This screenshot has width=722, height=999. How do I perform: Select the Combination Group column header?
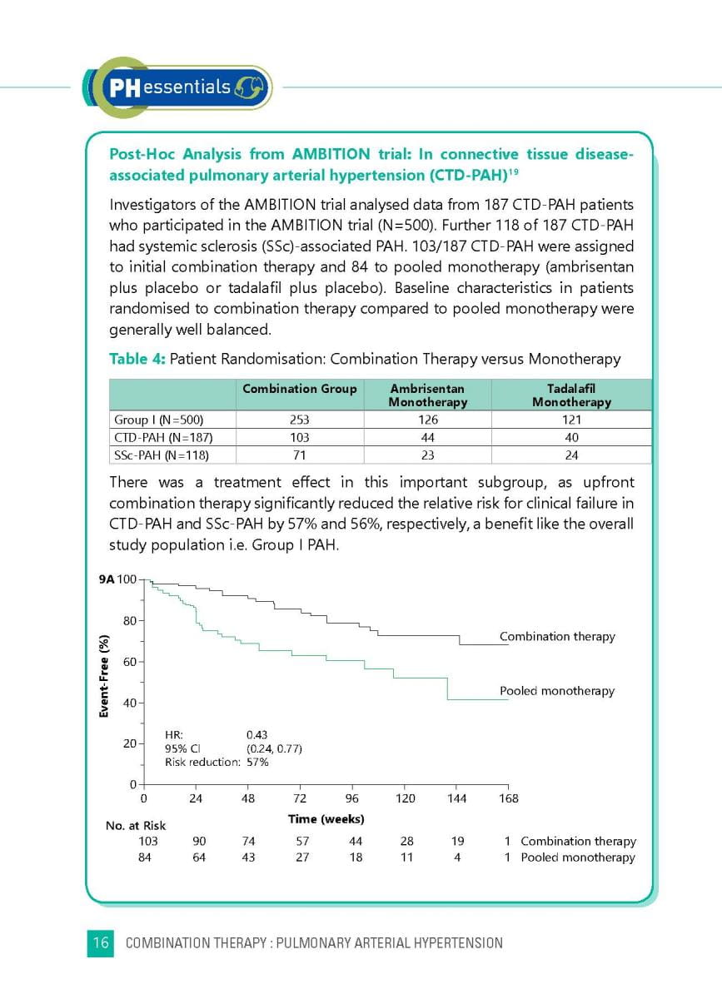(299, 389)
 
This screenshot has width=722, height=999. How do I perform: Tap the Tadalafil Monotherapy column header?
(571, 395)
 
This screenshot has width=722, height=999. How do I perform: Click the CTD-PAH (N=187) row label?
(158, 437)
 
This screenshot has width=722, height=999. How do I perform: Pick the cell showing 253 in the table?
(299, 420)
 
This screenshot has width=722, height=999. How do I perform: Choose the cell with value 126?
(428, 420)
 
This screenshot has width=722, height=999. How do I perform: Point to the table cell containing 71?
(299, 455)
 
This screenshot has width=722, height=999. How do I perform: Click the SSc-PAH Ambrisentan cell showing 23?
(428, 455)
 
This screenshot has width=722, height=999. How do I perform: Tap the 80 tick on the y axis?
(129, 620)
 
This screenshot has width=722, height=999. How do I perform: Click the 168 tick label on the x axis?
(508, 798)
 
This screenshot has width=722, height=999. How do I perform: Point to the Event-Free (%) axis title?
(105, 677)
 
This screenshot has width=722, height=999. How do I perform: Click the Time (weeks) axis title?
(326, 819)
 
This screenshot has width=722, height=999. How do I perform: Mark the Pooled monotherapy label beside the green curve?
(556, 691)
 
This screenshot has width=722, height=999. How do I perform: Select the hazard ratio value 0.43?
(257, 735)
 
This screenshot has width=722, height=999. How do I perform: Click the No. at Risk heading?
(136, 826)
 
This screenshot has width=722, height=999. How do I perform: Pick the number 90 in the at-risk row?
(199, 842)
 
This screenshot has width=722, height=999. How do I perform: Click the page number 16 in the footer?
(100, 943)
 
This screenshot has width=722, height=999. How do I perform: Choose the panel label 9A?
(107, 579)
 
